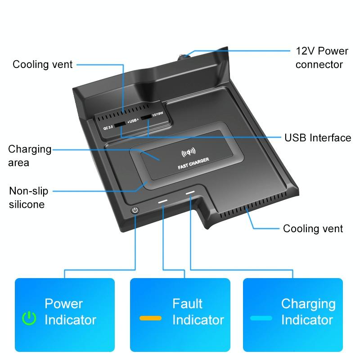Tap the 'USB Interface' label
(x=318, y=138)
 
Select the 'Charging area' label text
(x=30, y=156)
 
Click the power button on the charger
(x=135, y=211)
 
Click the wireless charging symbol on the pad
(x=188, y=152)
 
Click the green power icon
(x=29, y=318)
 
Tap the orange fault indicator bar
(x=150, y=318)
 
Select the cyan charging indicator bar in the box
(x=261, y=318)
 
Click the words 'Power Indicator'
(x=70, y=312)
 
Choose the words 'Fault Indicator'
(x=198, y=312)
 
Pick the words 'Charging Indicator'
(x=308, y=312)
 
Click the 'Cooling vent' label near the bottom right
(x=313, y=229)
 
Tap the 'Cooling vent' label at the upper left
(x=42, y=64)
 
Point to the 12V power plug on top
(x=185, y=57)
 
